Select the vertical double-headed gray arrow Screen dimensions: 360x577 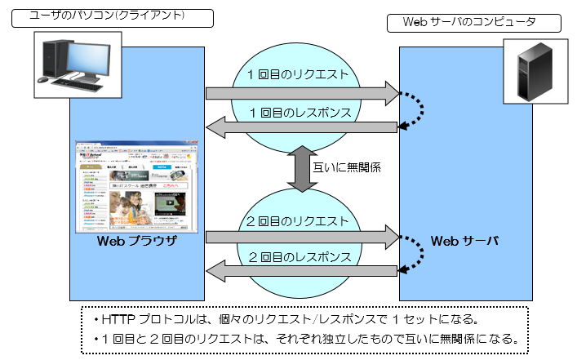[301, 169]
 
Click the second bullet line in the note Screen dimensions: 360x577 [305, 338]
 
